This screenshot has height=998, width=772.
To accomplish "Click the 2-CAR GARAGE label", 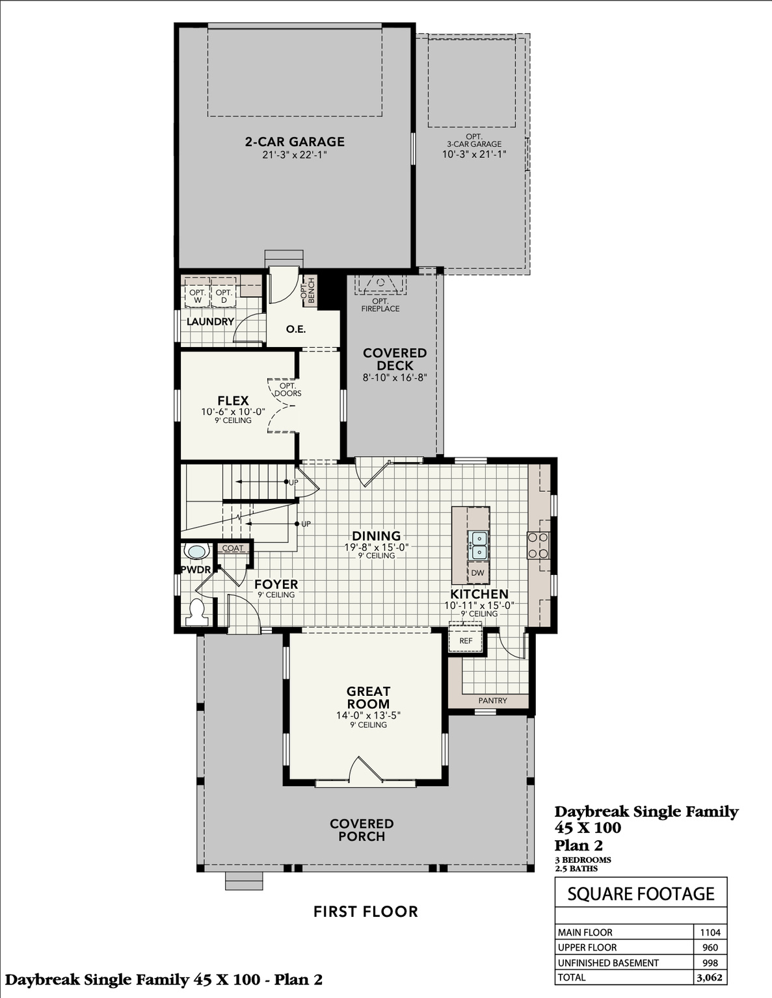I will [295, 142].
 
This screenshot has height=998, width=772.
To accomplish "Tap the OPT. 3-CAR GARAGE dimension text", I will [473, 155].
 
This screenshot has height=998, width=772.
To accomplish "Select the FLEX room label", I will [233, 401].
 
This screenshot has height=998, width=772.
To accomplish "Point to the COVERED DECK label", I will [395, 359].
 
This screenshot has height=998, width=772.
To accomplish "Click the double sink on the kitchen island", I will [479, 545].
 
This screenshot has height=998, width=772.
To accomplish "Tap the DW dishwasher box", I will [478, 572].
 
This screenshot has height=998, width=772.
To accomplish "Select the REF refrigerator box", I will [466, 641].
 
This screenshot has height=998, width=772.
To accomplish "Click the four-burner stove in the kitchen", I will [538, 545].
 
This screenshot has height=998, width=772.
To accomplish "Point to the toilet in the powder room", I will [196, 611].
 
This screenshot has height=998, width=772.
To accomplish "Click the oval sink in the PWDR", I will [196, 552].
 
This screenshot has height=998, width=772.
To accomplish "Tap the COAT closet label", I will [232, 548].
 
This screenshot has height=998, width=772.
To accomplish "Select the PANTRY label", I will [492, 700].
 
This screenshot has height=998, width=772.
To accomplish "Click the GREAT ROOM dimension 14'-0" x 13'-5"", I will [368, 715].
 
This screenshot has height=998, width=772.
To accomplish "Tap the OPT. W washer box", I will [198, 296].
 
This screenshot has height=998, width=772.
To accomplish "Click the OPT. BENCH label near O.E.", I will [308, 290].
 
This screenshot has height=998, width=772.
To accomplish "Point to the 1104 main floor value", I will [710, 932].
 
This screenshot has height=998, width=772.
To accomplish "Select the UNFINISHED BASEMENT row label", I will [608, 963].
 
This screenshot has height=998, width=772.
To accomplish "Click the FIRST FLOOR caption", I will [366, 912].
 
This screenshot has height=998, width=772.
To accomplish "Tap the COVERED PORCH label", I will [362, 830].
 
